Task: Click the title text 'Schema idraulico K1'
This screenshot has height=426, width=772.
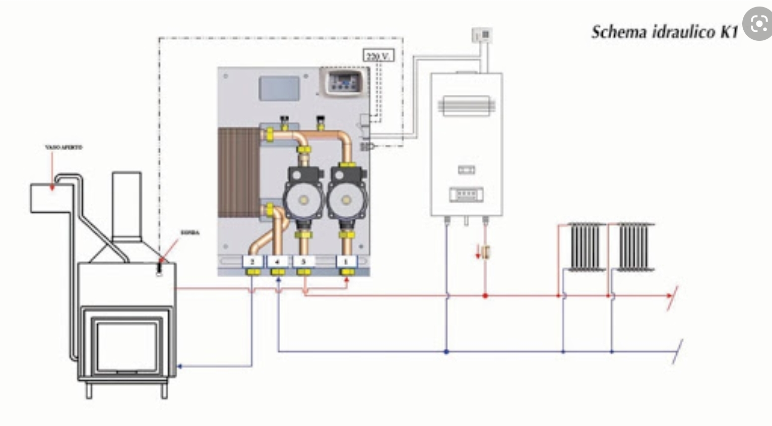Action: point(664,32)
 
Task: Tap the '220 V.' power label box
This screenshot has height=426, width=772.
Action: point(378,55)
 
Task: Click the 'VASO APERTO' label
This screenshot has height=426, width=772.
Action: point(63,147)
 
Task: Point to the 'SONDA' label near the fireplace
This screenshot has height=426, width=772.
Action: point(189,232)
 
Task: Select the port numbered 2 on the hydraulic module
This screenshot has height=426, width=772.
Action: point(252,261)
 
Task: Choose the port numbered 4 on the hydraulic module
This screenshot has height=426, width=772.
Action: point(277,261)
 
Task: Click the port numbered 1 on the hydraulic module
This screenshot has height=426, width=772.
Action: point(346,261)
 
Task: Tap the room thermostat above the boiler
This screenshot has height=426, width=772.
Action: point(482,35)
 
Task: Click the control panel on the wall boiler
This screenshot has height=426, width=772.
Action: point(466,194)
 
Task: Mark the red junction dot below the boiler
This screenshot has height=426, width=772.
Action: point(485,296)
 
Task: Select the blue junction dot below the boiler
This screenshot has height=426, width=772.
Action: point(446,351)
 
